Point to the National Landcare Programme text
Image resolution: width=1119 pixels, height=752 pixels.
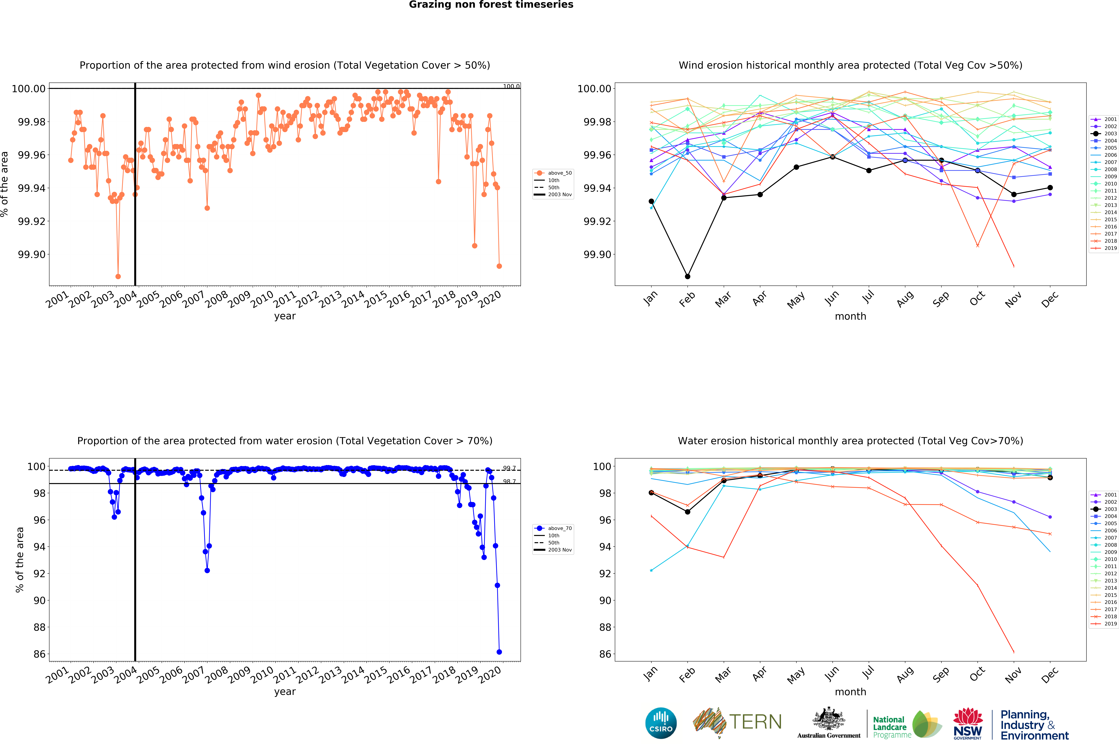coord(889,727)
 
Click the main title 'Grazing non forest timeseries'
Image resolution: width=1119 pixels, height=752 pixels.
coord(491,5)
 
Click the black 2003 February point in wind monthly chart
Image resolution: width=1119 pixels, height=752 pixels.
coord(687,277)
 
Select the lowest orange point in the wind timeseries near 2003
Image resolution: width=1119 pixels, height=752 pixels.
coord(118,277)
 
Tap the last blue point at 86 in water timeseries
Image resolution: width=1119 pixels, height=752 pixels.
coord(499,652)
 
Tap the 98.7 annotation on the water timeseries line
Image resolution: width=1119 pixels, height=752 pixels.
coord(509,481)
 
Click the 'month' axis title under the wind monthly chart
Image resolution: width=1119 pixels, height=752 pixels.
coord(850,316)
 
